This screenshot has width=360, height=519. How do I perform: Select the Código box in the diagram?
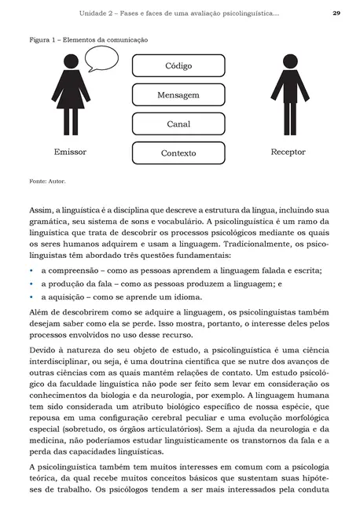tap(178, 66)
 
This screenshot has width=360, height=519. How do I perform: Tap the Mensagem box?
tap(178, 95)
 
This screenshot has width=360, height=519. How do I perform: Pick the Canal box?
tap(178, 124)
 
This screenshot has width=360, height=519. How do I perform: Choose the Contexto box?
tap(178, 153)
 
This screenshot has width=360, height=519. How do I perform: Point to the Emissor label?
tap(70, 151)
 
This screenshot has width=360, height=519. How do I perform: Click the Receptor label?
tap(288, 151)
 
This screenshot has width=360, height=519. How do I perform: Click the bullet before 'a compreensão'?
tap(32, 271)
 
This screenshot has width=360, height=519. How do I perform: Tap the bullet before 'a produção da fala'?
tap(32, 284)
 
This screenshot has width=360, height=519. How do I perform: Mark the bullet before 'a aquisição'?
tap(32, 297)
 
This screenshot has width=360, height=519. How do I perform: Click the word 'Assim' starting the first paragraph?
tap(39, 211)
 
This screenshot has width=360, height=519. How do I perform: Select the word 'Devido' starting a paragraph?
tap(43, 348)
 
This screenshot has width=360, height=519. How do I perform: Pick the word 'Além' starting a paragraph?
tap(40, 311)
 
